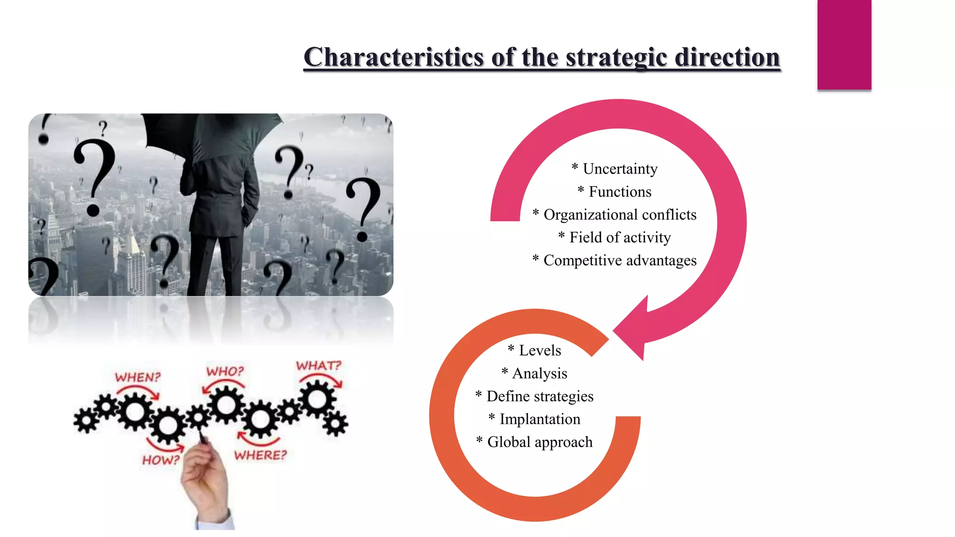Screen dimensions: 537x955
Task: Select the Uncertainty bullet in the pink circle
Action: [615, 169]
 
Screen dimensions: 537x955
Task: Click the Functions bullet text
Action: [615, 192]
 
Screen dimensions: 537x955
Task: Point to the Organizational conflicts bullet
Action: [615, 214]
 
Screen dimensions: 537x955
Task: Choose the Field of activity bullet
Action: [615, 237]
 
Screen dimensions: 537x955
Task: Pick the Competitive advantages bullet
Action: [615, 260]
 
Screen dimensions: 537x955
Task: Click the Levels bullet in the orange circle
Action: [535, 350]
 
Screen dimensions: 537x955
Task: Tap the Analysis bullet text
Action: [534, 373]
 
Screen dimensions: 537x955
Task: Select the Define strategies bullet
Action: [534, 396]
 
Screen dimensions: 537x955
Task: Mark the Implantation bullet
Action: [534, 419]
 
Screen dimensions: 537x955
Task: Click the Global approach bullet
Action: [534, 441]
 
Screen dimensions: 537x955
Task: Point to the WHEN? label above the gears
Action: [138, 377]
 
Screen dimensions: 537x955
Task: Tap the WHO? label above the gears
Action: [225, 371]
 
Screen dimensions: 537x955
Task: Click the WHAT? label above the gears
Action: [319, 365]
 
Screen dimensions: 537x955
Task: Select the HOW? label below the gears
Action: [161, 460]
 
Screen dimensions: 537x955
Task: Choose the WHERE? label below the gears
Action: [261, 455]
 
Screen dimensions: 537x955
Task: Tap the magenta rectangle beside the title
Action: [844, 44]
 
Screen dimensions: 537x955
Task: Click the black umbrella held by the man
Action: [210, 135]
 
